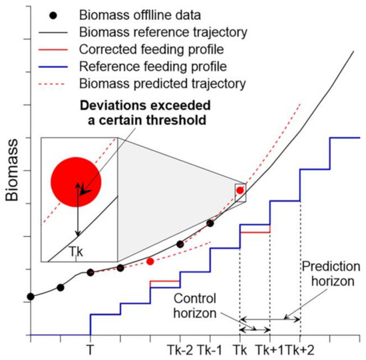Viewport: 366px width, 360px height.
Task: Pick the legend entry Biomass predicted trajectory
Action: click(x=150, y=84)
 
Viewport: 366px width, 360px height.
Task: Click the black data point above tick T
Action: click(x=91, y=272)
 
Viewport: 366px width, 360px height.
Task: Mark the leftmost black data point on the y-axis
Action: click(x=30, y=296)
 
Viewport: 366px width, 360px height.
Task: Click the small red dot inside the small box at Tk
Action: click(x=240, y=190)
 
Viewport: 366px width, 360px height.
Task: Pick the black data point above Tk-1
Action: click(x=210, y=223)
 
